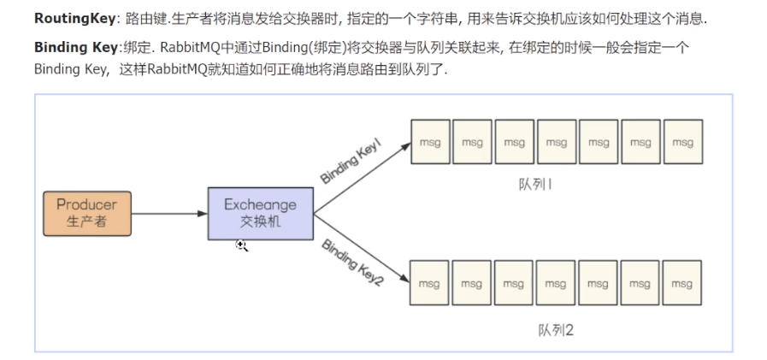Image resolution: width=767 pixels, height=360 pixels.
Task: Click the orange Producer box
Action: click(87, 214)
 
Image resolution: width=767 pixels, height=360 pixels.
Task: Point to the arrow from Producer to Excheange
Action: click(169, 214)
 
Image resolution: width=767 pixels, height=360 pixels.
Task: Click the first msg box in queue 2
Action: click(430, 282)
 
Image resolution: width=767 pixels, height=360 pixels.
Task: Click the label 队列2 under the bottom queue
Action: click(556, 329)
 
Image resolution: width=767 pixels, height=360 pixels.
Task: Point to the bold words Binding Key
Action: click(73, 48)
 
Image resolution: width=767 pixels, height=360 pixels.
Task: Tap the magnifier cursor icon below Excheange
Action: click(242, 246)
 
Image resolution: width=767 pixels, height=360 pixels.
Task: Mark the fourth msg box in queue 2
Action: click(556, 282)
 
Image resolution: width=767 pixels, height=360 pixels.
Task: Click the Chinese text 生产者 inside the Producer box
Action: click(87, 222)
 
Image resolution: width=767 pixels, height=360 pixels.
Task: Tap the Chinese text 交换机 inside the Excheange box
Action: click(260, 222)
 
